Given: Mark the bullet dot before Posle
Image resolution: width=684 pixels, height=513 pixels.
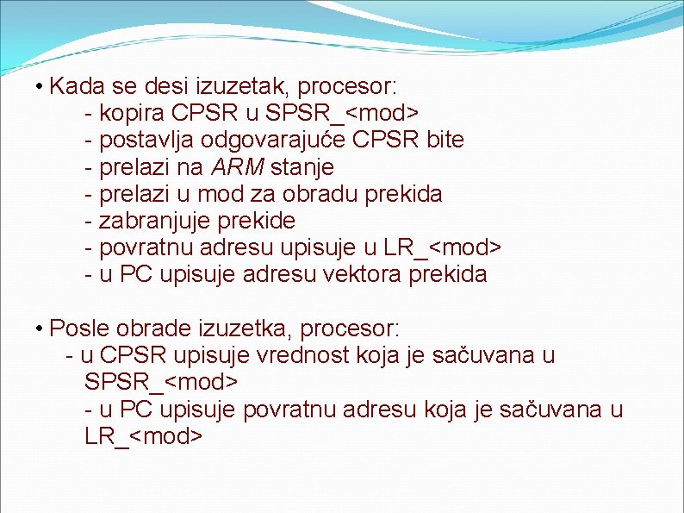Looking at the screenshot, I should click(x=40, y=329).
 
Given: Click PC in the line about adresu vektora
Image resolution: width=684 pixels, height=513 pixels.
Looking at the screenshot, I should click(x=134, y=275).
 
